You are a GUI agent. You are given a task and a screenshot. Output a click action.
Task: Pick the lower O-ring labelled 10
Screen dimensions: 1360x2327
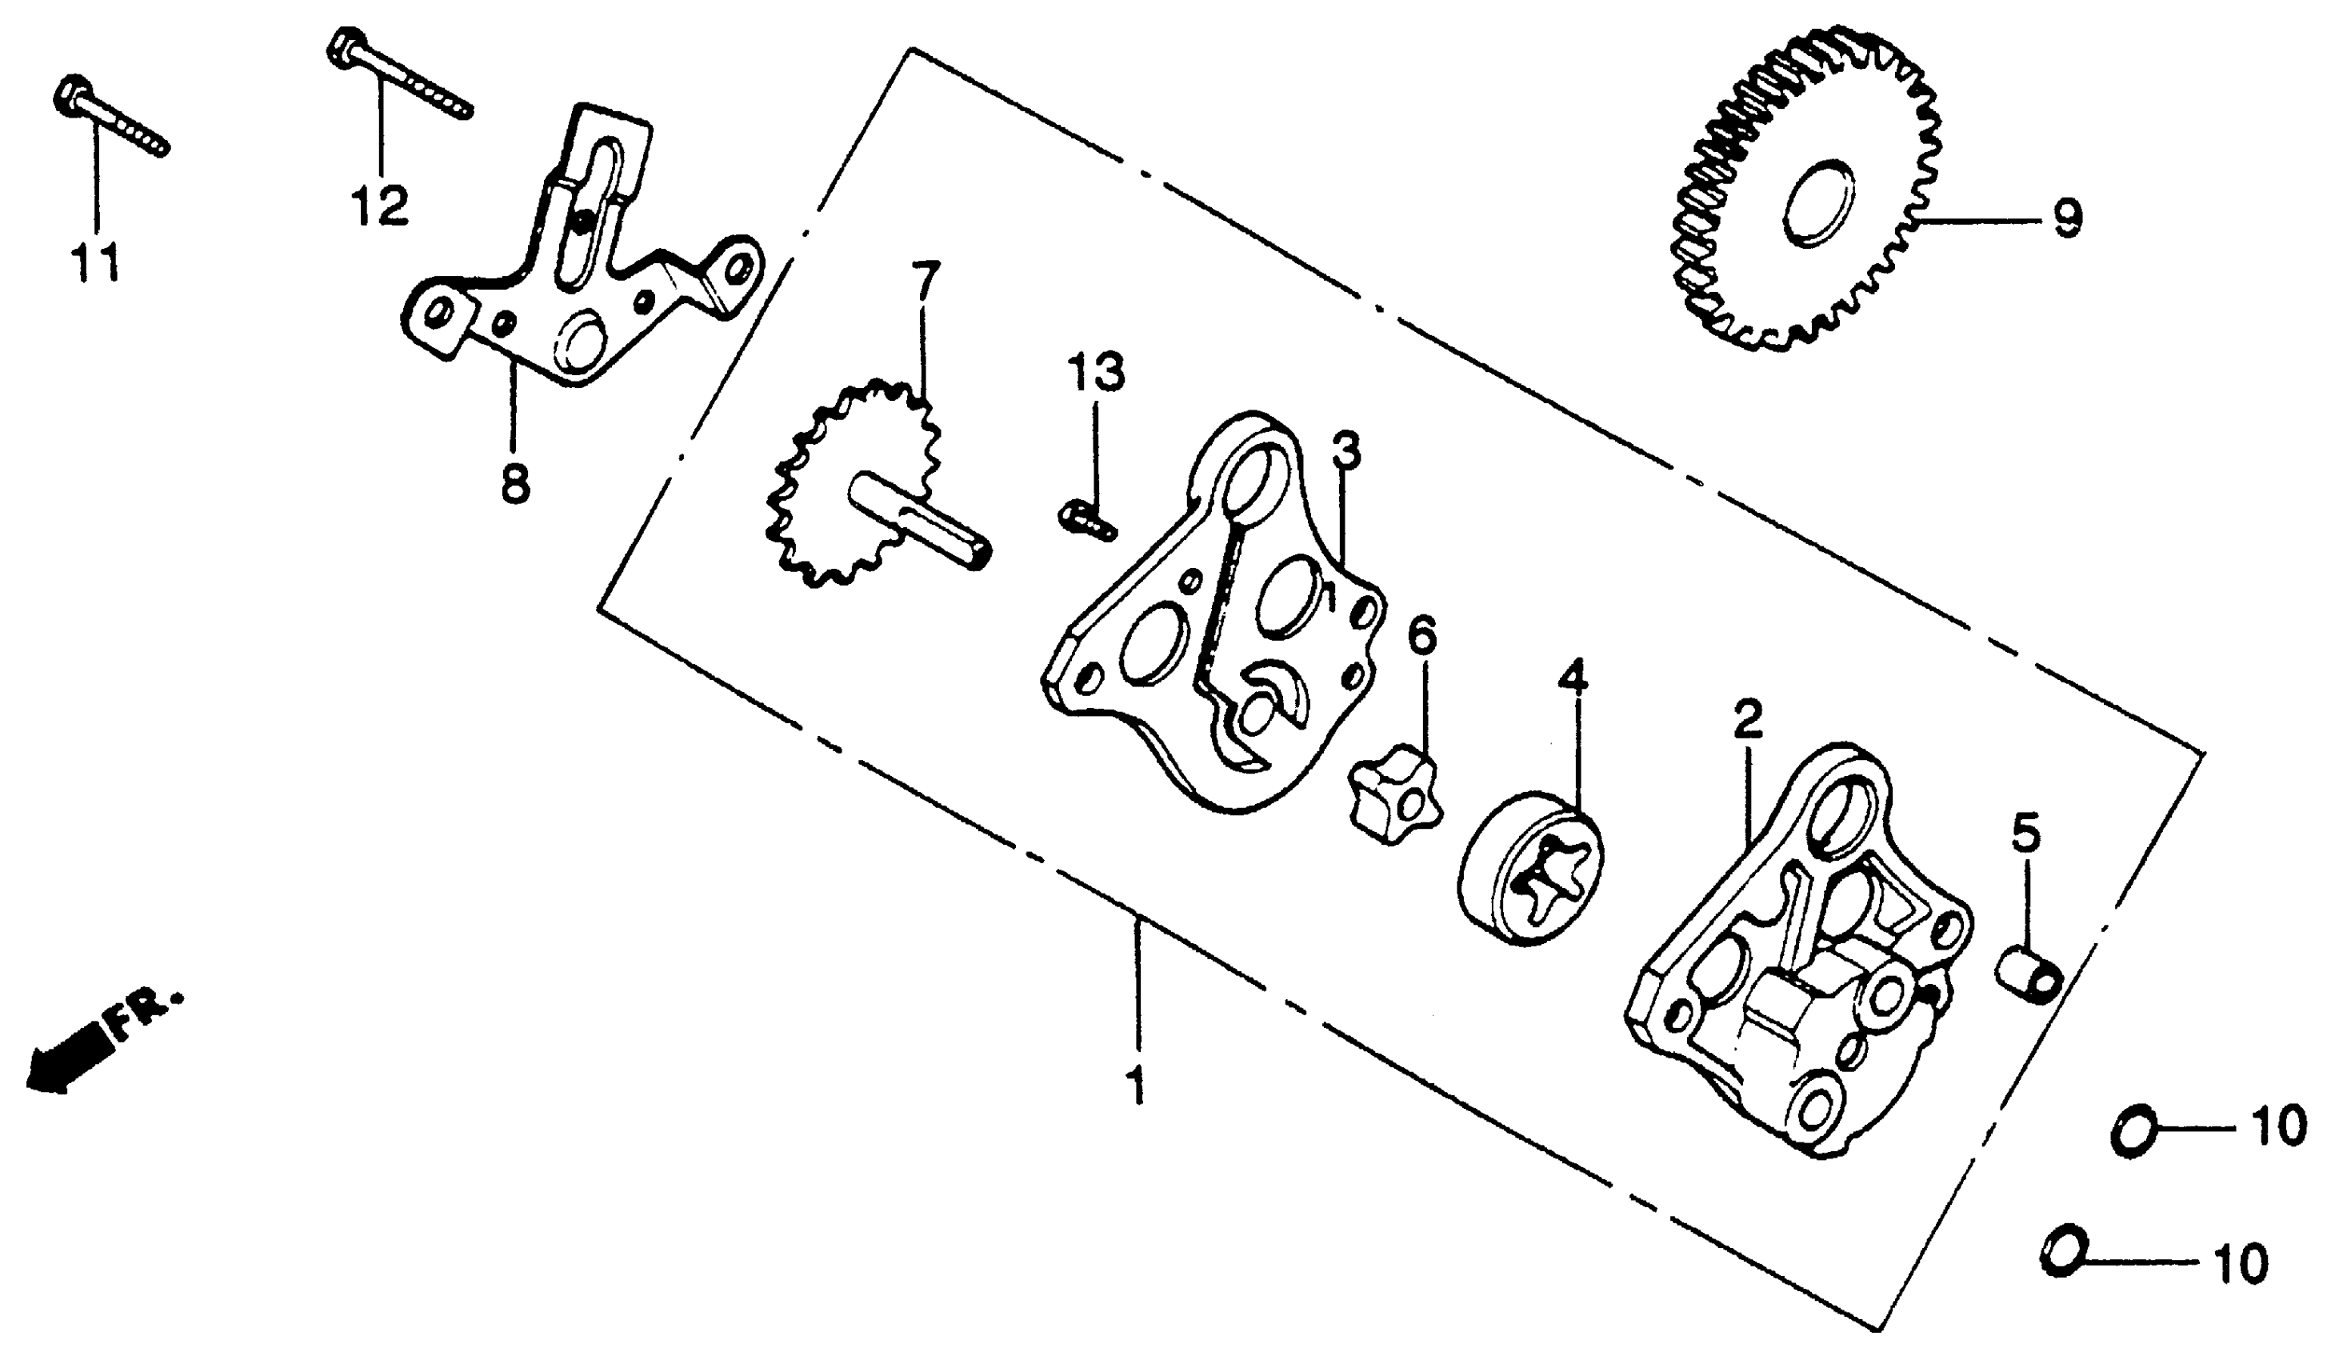(2065, 1252)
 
